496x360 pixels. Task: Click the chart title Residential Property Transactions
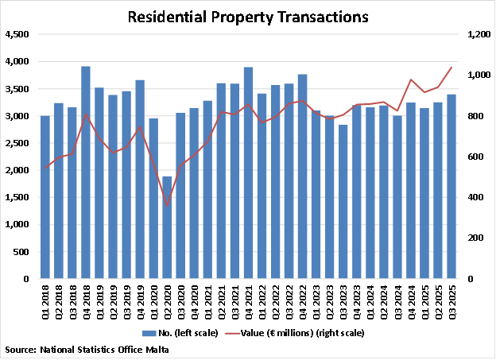248,16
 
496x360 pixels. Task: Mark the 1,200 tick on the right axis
477,34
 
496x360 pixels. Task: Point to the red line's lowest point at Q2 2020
167,205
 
